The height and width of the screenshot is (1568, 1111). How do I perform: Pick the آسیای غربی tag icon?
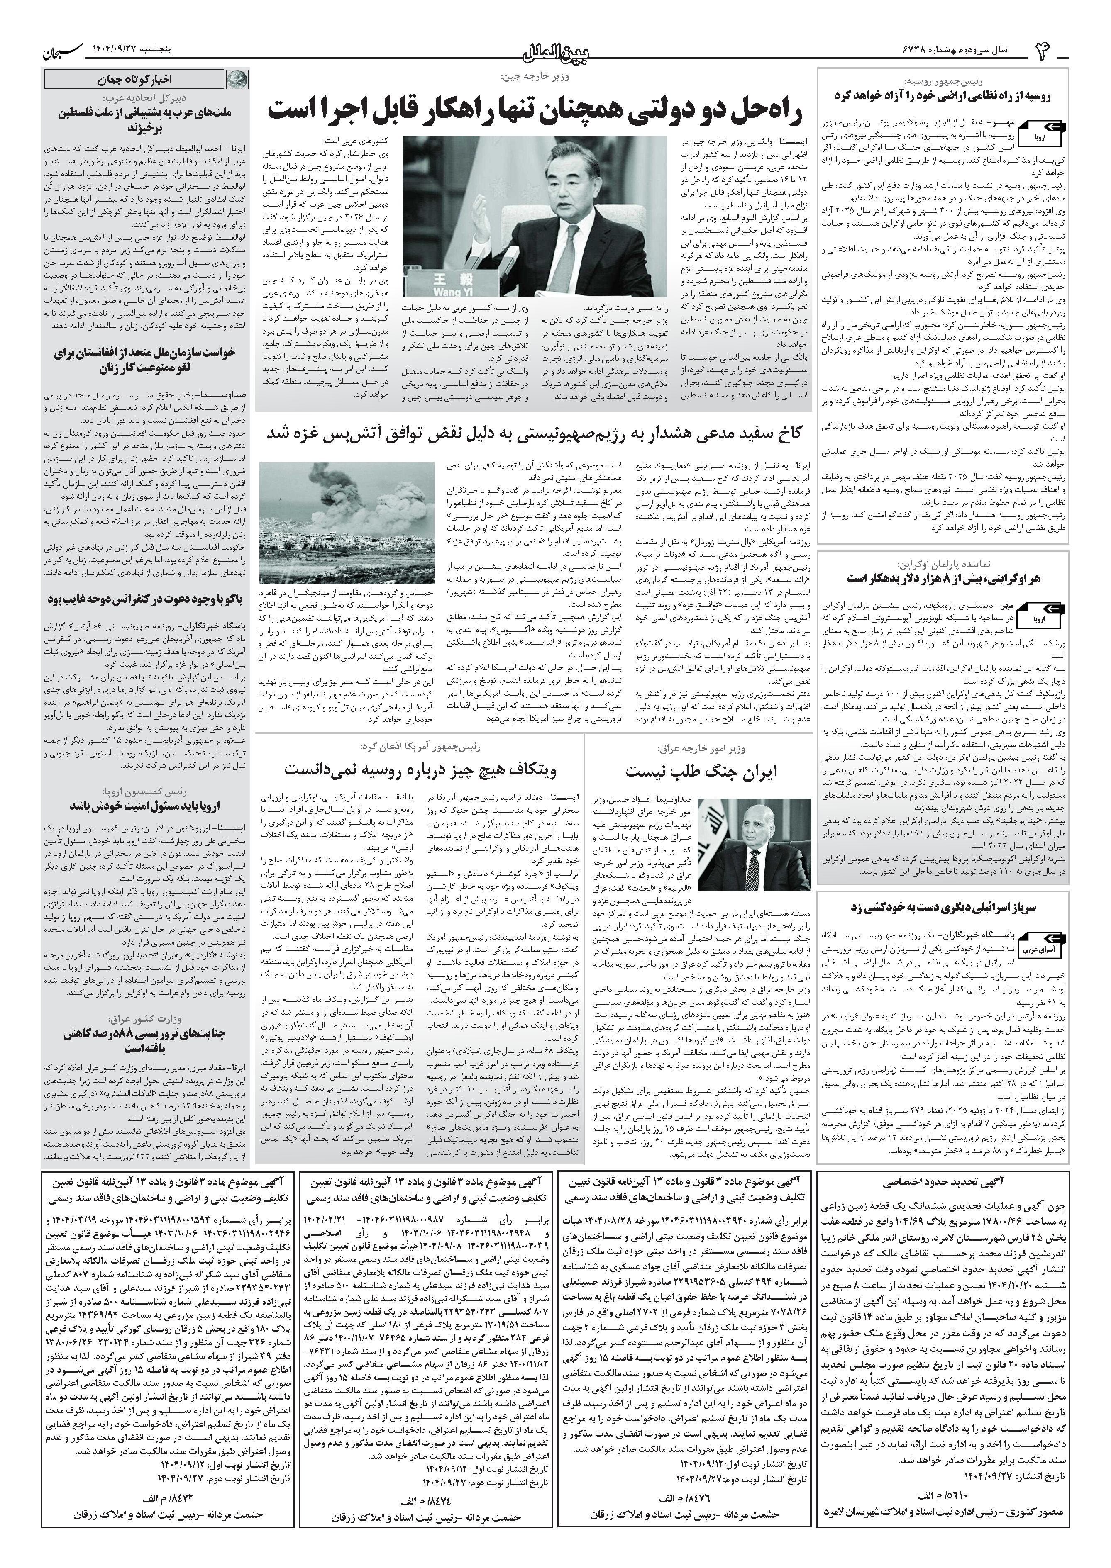click(x=1041, y=950)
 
